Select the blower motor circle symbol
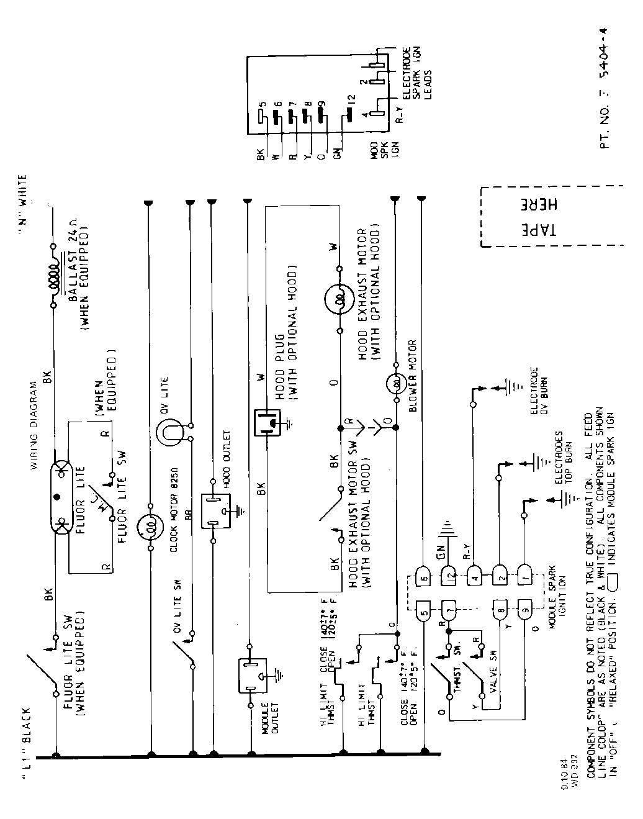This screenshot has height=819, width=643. click(395, 384)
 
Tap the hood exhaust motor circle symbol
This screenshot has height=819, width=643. click(339, 300)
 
